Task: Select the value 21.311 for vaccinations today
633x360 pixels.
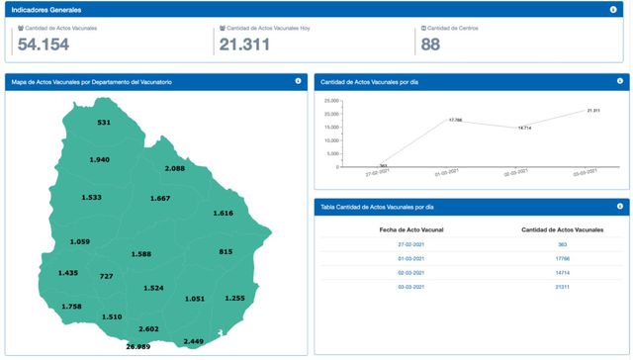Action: click(245, 45)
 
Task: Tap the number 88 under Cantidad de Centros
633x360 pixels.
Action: click(431, 45)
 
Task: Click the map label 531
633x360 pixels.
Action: click(104, 123)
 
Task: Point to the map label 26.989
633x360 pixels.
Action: click(137, 347)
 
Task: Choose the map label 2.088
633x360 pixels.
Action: click(175, 169)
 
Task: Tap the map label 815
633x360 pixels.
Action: click(226, 252)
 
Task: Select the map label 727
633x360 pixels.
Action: click(107, 276)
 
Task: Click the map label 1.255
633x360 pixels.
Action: click(234, 298)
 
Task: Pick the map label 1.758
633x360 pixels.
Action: click(72, 307)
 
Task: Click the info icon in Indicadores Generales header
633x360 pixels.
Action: click(613, 9)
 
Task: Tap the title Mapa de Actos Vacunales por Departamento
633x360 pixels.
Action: click(90, 81)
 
